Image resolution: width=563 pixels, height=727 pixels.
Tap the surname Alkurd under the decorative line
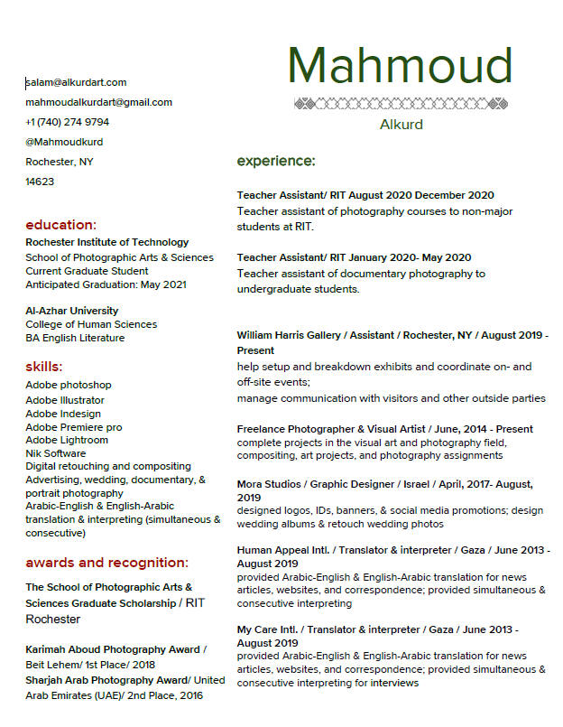tap(401, 125)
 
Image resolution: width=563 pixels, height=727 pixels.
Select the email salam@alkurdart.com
tap(76, 82)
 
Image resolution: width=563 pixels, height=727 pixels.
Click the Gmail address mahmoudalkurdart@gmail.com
tap(98, 102)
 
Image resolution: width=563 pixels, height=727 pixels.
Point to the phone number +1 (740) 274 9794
tap(68, 122)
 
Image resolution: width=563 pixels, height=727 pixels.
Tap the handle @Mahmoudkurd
tap(64, 142)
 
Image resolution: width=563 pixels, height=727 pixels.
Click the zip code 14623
tap(40, 182)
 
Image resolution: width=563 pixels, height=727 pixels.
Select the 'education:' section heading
tap(60, 225)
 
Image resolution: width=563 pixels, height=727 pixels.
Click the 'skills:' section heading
tap(44, 367)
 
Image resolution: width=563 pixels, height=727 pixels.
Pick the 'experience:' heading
tap(276, 161)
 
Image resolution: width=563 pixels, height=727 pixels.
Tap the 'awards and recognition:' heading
tap(106, 563)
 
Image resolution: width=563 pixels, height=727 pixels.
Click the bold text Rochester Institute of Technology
tap(107, 242)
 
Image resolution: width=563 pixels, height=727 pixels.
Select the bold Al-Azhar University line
tap(72, 311)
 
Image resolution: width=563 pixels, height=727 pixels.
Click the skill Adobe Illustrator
tap(65, 400)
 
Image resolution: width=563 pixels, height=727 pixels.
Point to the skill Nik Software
tap(56, 453)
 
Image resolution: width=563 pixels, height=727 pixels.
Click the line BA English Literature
tap(75, 338)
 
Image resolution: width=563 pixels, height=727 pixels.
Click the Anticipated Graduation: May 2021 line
tap(106, 284)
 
